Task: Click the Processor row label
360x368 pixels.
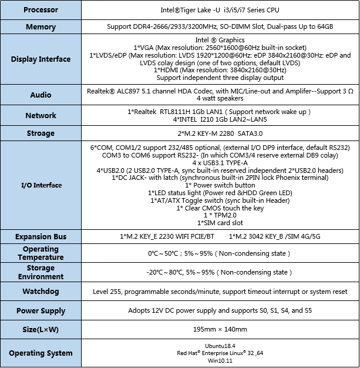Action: click(x=41, y=10)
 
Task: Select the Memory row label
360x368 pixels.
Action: click(x=41, y=27)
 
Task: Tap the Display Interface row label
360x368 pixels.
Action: click(x=41, y=59)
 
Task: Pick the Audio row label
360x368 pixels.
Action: click(x=41, y=95)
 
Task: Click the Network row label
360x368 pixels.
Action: click(x=41, y=116)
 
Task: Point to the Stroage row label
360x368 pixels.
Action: click(x=41, y=133)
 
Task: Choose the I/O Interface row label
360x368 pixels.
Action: click(x=41, y=185)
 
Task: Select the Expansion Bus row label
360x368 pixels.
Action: click(x=41, y=236)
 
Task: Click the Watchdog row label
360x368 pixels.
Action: click(x=41, y=292)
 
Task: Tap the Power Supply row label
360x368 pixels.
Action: click(x=41, y=310)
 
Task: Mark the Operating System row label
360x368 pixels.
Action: click(x=41, y=353)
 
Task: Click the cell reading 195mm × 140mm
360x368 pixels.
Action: click(x=220, y=329)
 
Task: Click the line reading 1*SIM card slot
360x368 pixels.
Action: click(x=220, y=223)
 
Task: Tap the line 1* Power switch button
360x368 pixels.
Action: click(x=220, y=185)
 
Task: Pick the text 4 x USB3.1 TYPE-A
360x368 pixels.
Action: click(x=220, y=162)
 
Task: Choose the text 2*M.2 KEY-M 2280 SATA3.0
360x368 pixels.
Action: click(x=220, y=133)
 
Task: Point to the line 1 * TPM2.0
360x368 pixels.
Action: click(x=220, y=216)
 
